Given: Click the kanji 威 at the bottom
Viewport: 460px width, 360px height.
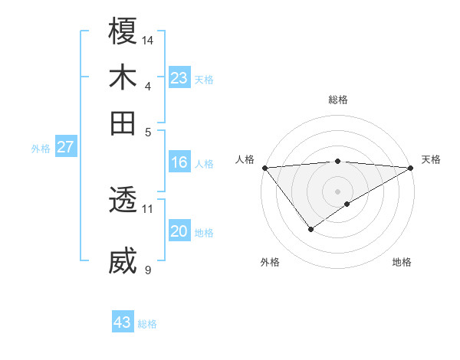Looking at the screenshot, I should pos(123,261).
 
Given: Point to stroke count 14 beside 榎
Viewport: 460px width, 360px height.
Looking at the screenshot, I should pos(149,40).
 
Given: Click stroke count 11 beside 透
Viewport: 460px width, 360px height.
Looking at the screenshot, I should pos(148,208).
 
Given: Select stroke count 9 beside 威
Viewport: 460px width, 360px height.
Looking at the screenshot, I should pos(148,270).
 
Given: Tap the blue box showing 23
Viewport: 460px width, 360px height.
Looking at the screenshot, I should pos(179,77).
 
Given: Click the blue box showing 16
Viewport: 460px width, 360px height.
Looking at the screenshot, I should pos(179,162).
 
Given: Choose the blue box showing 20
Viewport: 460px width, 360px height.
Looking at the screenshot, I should pos(179,231).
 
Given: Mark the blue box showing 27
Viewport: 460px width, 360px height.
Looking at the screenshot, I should pos(65,147).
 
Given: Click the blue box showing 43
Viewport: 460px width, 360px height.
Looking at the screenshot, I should pos(123,322).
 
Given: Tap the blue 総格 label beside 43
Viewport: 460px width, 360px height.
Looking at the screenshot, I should pos(147,324).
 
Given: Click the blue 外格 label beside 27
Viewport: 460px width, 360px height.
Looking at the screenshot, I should pos(41,149).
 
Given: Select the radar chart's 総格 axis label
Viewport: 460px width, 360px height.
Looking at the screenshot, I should pos(338,100).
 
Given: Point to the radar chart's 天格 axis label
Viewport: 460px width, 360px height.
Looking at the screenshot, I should pos(431,159).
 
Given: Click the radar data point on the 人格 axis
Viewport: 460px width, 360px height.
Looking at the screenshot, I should pos(264,168).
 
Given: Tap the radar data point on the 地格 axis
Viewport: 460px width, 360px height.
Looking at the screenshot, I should pos(347,204).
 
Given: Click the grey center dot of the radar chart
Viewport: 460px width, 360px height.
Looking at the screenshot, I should pos(338,191).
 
